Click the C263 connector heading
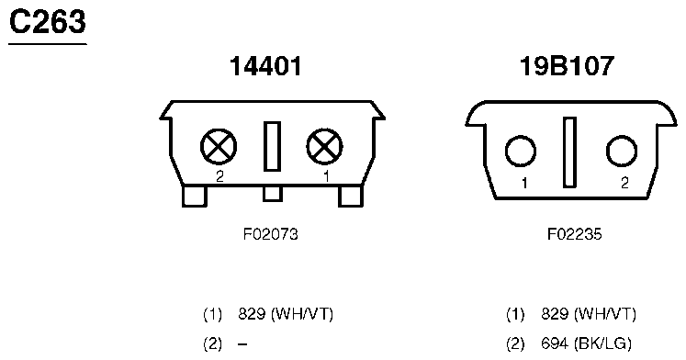click(x=47, y=22)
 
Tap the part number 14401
click(x=265, y=66)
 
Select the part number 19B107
click(x=567, y=66)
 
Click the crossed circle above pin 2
click(x=219, y=147)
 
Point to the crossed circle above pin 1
click(x=324, y=147)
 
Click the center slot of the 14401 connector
click(x=272, y=146)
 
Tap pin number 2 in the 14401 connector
click(x=219, y=176)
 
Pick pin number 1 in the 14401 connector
click(x=326, y=176)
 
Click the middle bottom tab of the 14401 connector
click(x=272, y=194)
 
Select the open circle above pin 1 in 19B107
click(x=520, y=152)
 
